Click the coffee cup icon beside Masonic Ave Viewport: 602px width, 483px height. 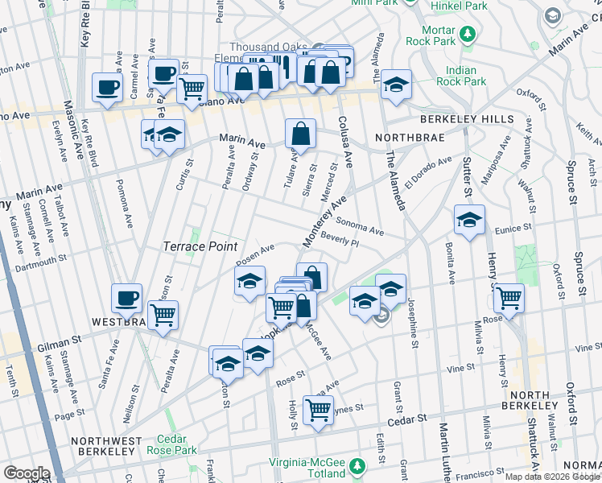click(107, 88)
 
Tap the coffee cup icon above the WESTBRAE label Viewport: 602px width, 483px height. click(127, 298)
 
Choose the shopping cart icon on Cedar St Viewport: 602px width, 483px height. click(319, 410)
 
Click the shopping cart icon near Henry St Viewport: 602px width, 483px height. click(509, 298)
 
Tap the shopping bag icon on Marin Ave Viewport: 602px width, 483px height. click(300, 134)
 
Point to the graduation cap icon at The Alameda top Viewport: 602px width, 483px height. click(395, 85)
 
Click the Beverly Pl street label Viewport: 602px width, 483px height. click(338, 239)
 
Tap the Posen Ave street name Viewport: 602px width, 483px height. click(256, 254)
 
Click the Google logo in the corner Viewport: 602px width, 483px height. click(26, 473)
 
